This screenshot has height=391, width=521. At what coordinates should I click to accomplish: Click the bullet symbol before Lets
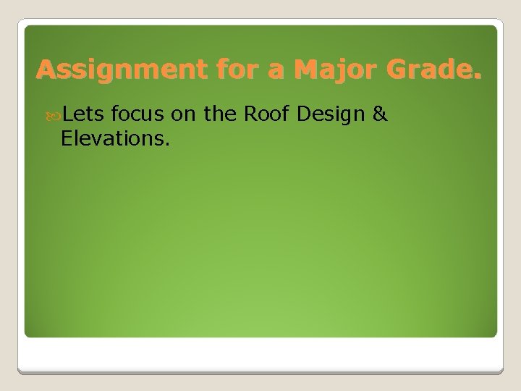click(x=56, y=114)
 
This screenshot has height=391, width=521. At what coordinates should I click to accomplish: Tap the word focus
click(x=139, y=113)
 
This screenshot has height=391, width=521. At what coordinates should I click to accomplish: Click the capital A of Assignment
click(x=46, y=70)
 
